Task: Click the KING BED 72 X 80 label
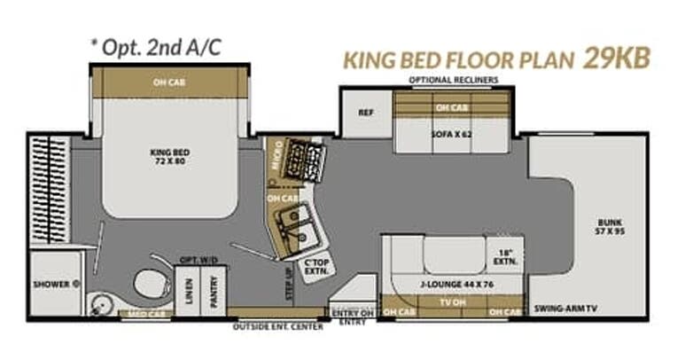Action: [170, 157]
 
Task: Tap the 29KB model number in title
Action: [616, 59]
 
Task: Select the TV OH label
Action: [453, 302]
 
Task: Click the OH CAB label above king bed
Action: [170, 82]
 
